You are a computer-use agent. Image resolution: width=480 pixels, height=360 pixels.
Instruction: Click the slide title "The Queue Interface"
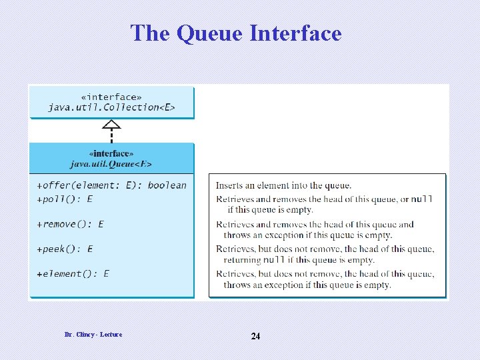coord(236,33)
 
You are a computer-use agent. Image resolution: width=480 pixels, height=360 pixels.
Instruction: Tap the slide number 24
coord(255,336)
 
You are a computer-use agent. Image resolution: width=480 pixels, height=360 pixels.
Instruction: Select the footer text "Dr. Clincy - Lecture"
coord(93,334)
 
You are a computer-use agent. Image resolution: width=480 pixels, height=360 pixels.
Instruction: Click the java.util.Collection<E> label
coord(111,107)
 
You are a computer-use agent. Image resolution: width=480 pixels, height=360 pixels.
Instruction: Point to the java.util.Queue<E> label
coord(111,163)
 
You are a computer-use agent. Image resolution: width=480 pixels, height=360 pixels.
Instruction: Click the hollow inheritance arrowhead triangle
coord(112,124)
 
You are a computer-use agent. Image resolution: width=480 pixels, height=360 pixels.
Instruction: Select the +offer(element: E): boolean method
coord(111,185)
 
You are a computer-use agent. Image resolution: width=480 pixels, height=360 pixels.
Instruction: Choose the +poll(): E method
coord(65,199)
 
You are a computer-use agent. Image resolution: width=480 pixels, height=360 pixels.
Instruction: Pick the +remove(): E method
coord(70,224)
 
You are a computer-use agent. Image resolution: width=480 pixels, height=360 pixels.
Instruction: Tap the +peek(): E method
coord(65,249)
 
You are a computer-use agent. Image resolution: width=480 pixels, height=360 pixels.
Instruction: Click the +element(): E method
coord(73,273)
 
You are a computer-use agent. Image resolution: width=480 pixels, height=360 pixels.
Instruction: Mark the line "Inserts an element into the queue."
coord(283,185)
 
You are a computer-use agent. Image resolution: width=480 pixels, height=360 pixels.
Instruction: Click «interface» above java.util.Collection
coord(111,96)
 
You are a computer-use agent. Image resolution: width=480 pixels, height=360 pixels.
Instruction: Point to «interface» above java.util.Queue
coord(111,153)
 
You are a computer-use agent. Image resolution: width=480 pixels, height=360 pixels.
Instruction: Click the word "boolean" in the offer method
coord(167,185)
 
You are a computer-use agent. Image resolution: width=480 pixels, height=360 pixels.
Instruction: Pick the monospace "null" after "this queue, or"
coord(422,199)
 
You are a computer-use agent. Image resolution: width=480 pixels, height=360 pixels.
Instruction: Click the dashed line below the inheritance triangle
coord(112,135)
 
